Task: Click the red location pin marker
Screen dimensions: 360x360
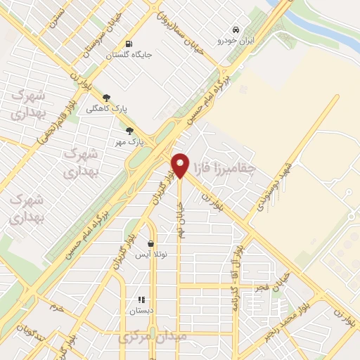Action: pos(181,165)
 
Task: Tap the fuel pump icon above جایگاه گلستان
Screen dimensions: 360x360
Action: pos(128,41)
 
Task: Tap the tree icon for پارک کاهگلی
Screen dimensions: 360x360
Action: pos(106,98)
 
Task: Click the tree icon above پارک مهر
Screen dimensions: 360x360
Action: pos(129,130)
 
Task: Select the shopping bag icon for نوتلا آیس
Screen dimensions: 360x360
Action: pos(150,243)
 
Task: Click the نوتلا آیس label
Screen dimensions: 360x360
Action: pos(150,255)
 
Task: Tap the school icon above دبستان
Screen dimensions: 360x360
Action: pos(141,299)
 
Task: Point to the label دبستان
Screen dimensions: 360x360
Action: pos(141,310)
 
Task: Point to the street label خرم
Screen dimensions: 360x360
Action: pos(57,307)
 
